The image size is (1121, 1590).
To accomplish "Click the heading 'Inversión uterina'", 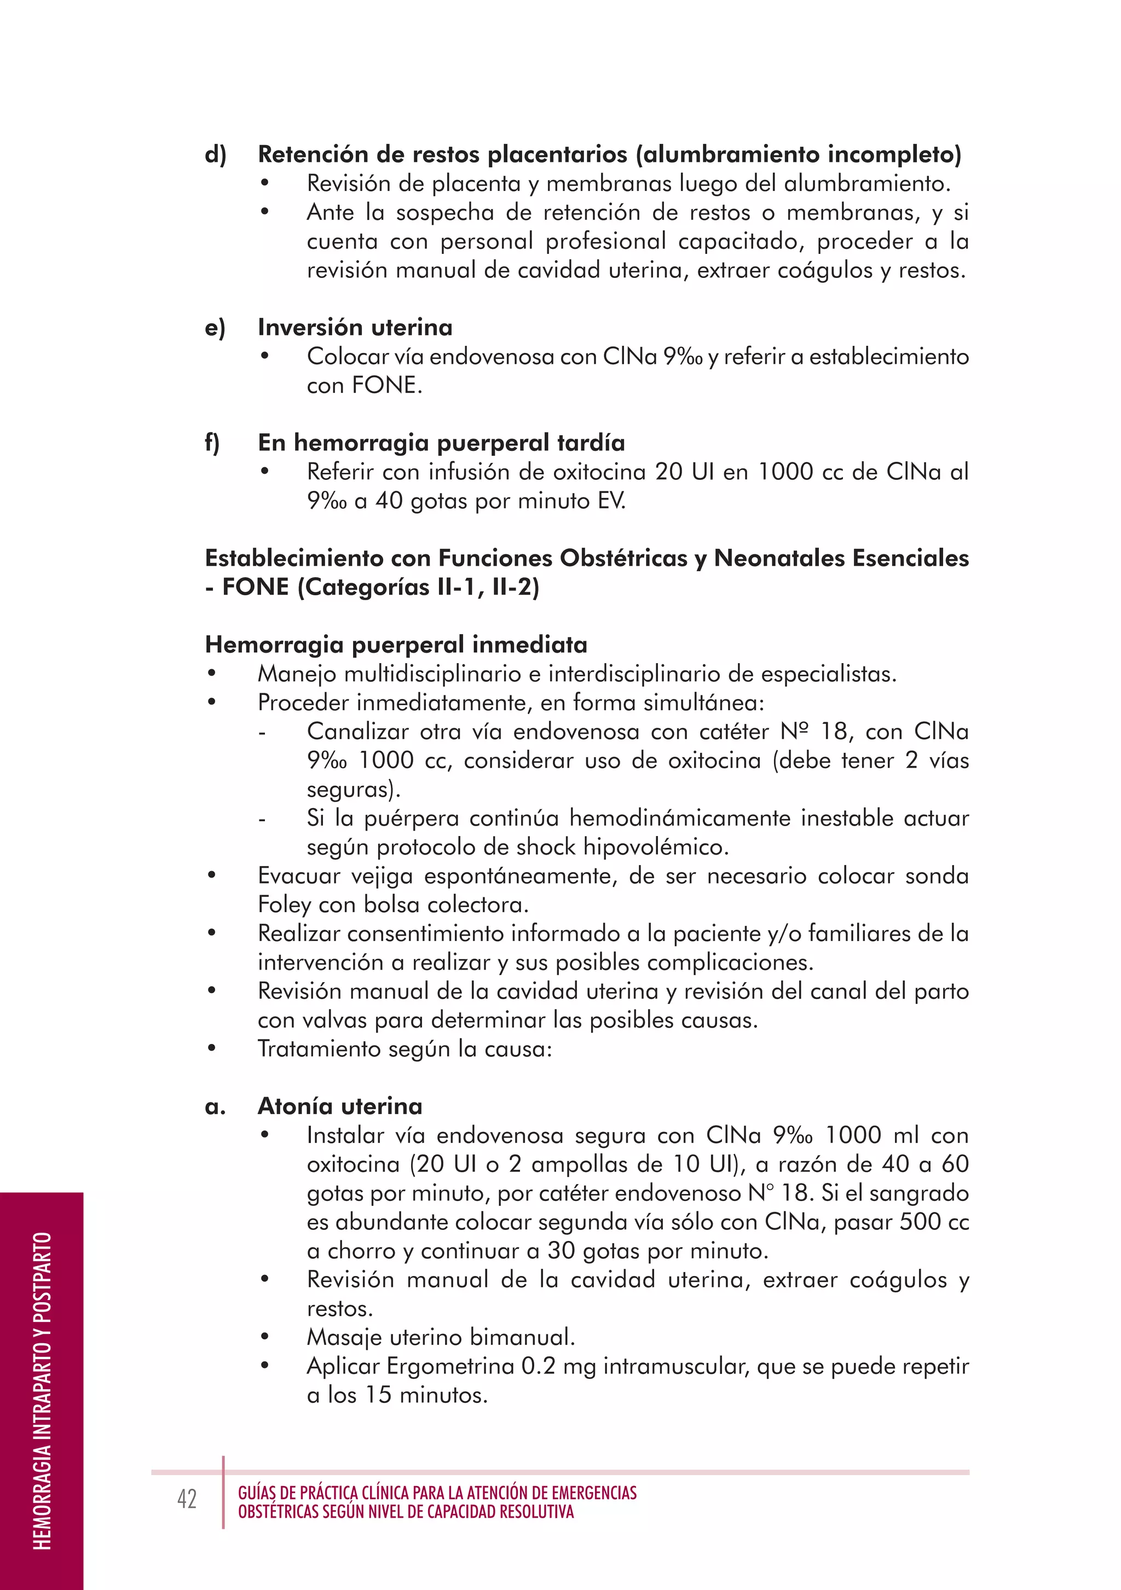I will pos(355,327).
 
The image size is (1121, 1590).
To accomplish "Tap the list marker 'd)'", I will pos(216,154).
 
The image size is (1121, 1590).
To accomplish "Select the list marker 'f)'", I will pos(212,443).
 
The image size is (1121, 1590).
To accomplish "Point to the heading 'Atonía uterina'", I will pos(339,1106).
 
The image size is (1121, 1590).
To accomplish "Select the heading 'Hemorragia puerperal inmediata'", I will pos(396,644).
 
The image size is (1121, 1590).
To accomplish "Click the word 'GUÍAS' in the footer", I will pos(257,1493).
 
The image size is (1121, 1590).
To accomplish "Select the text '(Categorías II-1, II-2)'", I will pos(418,587).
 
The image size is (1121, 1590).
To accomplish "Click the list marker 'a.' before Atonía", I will pos(216,1107).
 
